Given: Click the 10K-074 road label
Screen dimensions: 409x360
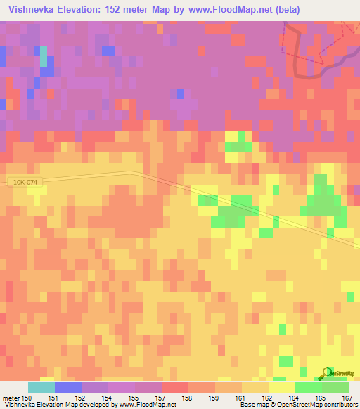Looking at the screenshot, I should [x=26, y=182].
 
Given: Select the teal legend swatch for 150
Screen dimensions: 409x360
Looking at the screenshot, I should [x=41, y=387].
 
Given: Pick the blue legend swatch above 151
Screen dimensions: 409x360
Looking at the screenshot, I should [x=68, y=387].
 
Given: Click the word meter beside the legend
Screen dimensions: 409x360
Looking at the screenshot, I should [x=11, y=397].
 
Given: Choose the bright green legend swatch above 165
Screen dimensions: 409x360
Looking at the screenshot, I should [x=308, y=387].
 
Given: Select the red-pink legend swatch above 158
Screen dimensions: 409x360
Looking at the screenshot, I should [x=174, y=387].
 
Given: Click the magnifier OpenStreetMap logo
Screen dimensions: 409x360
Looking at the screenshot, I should [x=328, y=373].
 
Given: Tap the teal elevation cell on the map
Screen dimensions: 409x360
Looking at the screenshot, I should [x=44, y=56].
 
